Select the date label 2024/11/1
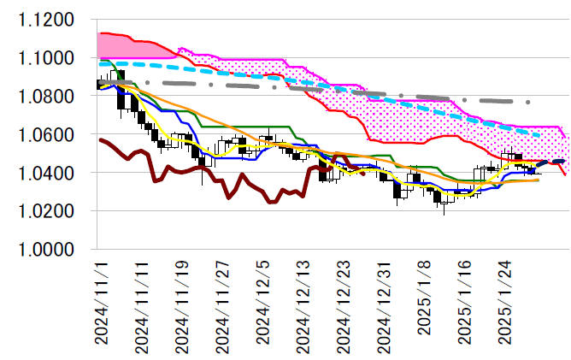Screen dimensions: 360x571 click(x=103, y=303)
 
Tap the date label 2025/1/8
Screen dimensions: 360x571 click(x=427, y=303)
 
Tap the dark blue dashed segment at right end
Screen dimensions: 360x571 click(x=550, y=162)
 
